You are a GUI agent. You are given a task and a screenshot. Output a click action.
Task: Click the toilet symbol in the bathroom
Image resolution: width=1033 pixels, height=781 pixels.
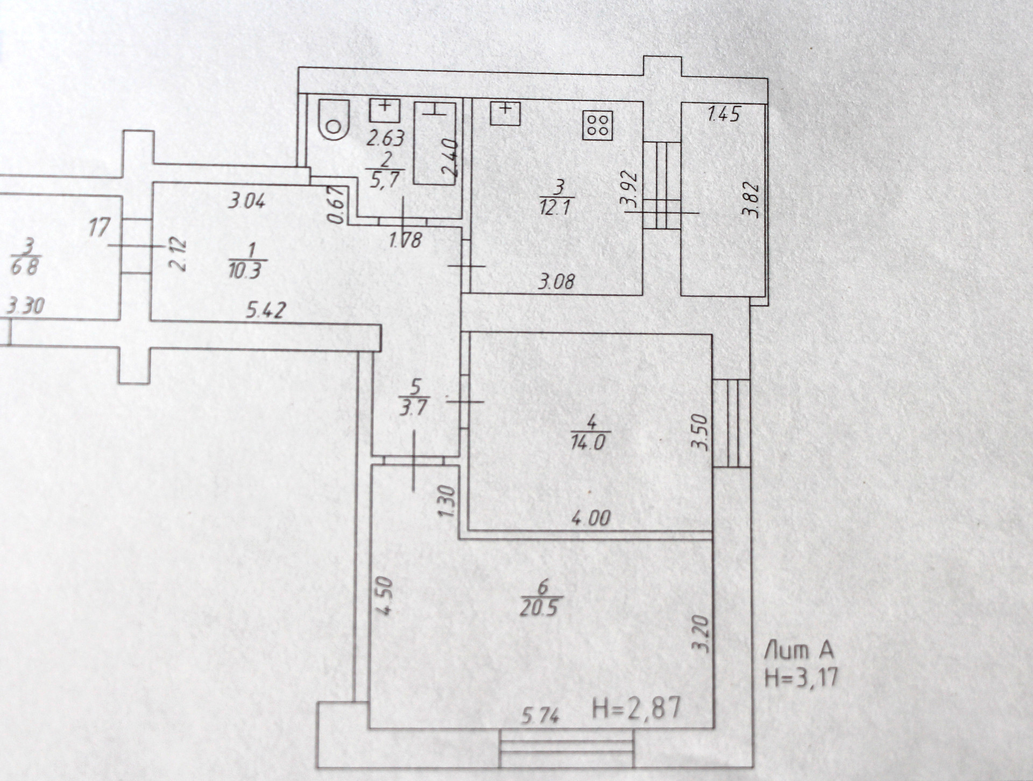tap(333, 120)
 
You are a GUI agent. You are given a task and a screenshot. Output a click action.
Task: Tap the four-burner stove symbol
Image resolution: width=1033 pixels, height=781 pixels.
tap(598, 125)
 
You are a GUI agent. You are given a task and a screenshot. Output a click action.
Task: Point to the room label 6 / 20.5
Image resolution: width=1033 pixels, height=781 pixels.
tap(540, 598)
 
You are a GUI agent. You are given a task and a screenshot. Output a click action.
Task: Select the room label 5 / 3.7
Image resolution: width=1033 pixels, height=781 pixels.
tap(414, 397)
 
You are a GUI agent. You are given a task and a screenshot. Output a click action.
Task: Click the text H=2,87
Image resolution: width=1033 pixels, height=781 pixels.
tap(636, 708)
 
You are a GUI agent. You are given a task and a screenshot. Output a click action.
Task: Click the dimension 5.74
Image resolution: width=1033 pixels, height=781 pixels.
tap(540, 715)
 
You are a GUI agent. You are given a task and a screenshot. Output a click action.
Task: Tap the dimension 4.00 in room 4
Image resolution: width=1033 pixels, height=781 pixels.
tap(590, 518)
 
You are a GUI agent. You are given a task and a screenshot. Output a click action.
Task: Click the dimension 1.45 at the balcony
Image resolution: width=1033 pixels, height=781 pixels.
tap(724, 114)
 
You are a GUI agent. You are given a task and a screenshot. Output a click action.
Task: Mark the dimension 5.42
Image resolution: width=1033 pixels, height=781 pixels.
tap(266, 310)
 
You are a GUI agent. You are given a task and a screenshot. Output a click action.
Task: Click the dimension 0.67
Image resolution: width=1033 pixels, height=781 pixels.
tap(335, 204)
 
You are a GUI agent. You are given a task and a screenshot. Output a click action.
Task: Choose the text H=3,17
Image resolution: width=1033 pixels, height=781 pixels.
tap(802, 677)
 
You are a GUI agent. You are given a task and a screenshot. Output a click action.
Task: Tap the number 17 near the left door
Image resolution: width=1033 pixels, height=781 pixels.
tap(99, 227)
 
